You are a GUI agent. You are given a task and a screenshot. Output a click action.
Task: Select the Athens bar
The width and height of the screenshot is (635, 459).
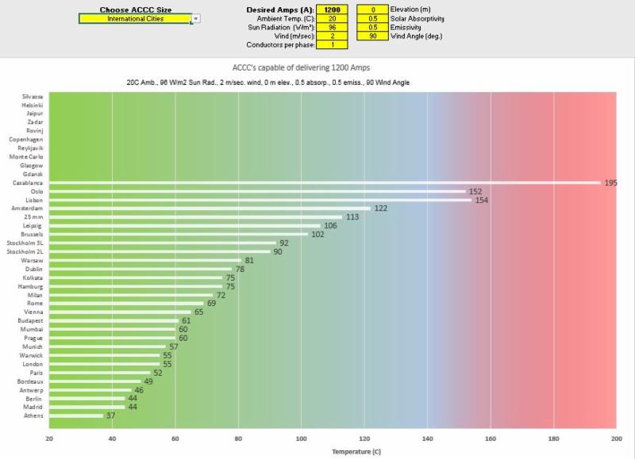click(x=76, y=415)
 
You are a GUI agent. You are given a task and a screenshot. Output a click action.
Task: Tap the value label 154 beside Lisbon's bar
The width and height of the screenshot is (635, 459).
click(x=481, y=200)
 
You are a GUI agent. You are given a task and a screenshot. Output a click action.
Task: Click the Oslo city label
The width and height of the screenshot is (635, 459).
click(x=37, y=191)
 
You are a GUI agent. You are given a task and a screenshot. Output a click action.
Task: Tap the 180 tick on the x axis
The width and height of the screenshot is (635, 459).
click(x=553, y=438)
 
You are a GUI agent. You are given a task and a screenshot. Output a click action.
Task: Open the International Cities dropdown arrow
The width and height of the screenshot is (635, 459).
click(x=196, y=18)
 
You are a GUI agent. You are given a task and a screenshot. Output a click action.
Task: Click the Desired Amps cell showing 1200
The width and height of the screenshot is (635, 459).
click(x=332, y=10)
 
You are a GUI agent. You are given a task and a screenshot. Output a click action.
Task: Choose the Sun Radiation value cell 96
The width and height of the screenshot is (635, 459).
click(x=332, y=27)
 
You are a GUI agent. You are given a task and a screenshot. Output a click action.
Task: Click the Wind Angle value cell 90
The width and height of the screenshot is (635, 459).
click(x=373, y=36)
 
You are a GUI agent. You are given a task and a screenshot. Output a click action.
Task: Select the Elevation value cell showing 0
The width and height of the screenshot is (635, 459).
click(x=373, y=10)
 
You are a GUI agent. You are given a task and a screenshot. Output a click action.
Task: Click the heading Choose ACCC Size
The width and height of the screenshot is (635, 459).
click(x=135, y=10)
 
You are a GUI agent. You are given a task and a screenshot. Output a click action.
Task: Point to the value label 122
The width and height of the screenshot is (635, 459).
click(x=380, y=208)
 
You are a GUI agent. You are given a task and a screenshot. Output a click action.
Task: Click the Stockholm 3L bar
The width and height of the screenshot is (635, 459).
click(x=163, y=243)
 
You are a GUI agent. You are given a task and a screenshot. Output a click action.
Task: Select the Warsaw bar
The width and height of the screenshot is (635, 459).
click(x=145, y=260)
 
